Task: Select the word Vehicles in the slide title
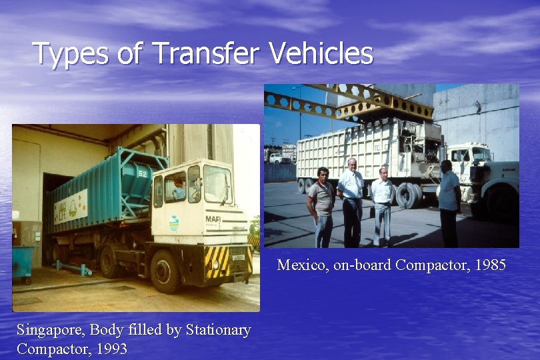click(321, 53)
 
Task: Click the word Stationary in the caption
click(218, 330)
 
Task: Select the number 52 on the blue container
click(142, 173)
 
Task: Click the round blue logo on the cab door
click(174, 223)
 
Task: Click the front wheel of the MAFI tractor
click(164, 270)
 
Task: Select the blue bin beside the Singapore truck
click(25, 261)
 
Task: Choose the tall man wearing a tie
click(350, 200)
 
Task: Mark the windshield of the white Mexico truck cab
click(479, 155)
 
